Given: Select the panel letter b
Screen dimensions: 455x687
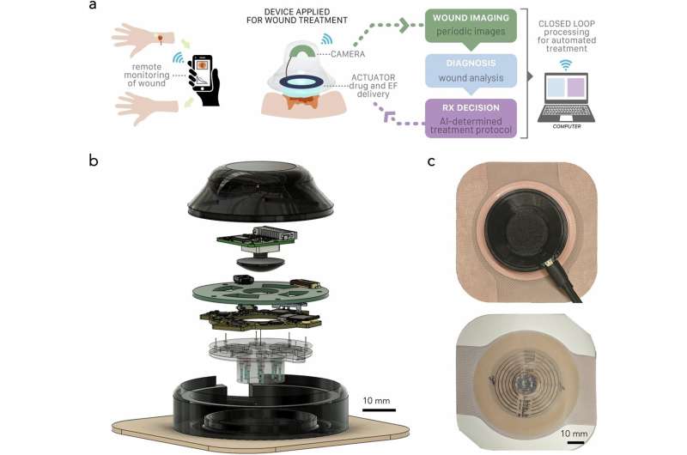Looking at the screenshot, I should [94, 160].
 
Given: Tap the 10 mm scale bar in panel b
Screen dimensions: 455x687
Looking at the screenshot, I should [378, 409].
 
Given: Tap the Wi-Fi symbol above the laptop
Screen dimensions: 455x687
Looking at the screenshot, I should [564, 63].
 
